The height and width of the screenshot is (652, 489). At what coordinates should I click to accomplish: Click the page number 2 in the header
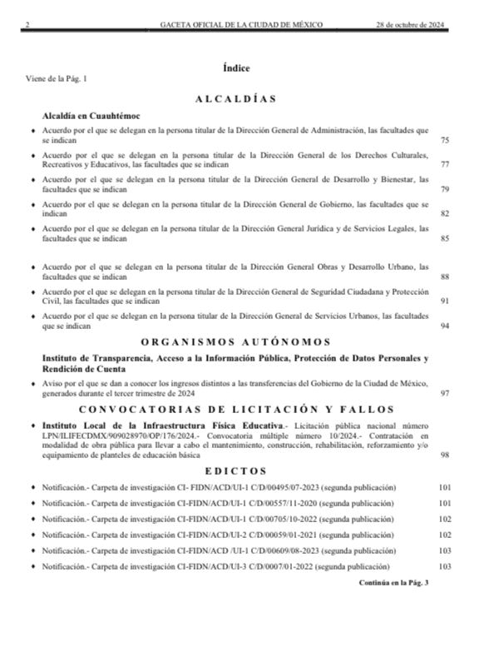coord(27,25)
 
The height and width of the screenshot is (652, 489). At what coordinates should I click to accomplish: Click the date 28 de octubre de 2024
coord(412,25)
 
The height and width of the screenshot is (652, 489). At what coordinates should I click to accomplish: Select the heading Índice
coord(236,67)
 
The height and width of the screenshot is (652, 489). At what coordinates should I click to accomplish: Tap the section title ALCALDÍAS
coord(235,98)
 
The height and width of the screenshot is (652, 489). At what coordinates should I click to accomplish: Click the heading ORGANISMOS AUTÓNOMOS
coord(235,341)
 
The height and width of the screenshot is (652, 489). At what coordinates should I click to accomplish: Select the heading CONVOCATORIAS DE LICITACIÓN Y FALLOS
coord(235,408)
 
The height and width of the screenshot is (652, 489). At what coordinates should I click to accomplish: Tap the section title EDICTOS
coord(236,470)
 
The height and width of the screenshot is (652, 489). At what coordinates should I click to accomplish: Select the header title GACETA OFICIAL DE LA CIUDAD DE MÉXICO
coord(241,25)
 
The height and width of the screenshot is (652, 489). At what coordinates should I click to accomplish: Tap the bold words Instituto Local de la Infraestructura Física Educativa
coord(151,425)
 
